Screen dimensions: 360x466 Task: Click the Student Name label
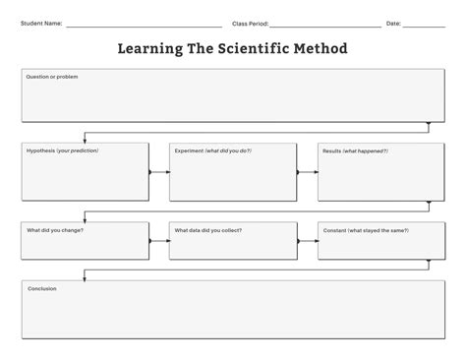click(41, 23)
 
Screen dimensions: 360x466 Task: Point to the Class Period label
click(250, 23)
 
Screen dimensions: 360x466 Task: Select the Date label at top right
click(393, 23)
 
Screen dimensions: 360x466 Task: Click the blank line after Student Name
click(143, 25)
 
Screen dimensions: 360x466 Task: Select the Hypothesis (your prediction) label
click(62, 150)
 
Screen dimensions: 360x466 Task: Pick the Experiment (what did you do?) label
click(212, 150)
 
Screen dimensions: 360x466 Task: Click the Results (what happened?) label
click(353, 150)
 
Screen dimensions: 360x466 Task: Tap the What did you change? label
click(55, 230)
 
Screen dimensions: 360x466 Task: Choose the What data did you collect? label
click(208, 230)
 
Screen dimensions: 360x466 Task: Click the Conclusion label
click(41, 288)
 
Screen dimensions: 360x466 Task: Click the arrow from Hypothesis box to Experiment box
click(159, 172)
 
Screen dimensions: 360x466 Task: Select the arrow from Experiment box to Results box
click(307, 172)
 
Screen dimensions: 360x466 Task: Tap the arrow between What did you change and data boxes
click(159, 239)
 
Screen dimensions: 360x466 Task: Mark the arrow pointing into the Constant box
click(307, 239)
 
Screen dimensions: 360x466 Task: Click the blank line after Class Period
click(324, 25)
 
